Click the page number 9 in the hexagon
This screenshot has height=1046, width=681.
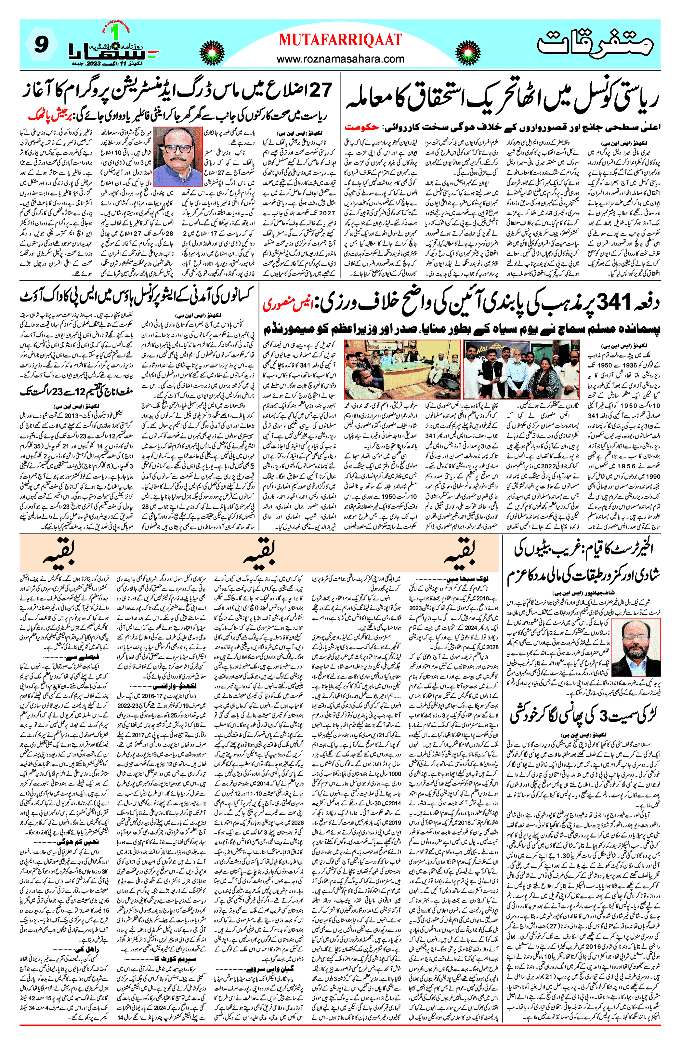click(41, 44)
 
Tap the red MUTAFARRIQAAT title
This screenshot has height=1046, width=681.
click(340, 40)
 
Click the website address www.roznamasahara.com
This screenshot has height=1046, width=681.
click(340, 59)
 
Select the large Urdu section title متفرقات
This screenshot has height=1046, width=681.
click(595, 43)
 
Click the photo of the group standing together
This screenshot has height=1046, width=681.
click(521, 369)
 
